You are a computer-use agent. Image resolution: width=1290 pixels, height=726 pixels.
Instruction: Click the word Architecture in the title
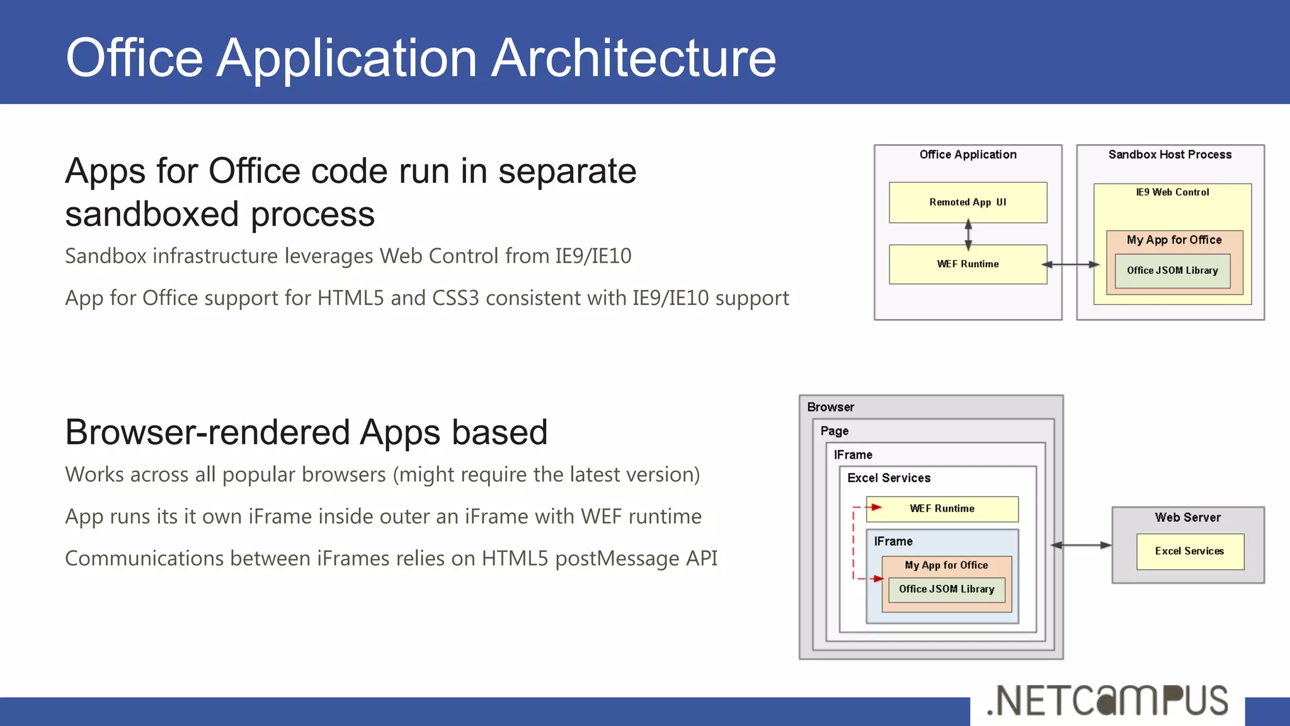[x=633, y=58]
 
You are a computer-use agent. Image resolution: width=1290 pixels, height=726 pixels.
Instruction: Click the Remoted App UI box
[x=967, y=202]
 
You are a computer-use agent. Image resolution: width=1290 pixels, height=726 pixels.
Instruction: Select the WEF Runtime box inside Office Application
[x=967, y=264]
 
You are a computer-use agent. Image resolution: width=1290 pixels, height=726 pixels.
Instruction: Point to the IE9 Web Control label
[x=1172, y=192]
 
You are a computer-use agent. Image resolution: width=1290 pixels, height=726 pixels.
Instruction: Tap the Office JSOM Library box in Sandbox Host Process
[x=1172, y=271]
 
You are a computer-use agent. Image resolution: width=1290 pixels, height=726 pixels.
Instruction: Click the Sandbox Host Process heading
[x=1170, y=154]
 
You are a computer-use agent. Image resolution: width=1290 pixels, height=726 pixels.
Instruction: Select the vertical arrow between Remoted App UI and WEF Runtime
[x=968, y=234]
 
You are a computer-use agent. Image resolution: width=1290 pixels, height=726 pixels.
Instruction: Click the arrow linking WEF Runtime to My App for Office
[x=1070, y=265]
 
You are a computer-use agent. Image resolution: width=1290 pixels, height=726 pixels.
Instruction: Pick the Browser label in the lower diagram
[x=830, y=407]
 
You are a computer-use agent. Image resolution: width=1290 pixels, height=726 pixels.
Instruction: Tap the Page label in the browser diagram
[x=834, y=431]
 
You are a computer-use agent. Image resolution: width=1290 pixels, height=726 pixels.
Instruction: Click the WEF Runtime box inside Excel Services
[x=942, y=509]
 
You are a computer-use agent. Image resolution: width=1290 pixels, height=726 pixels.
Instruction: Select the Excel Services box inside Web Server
[x=1189, y=551]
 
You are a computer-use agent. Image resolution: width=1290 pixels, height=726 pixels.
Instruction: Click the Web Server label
[x=1187, y=517]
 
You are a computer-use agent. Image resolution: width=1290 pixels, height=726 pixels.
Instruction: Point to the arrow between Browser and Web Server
[x=1081, y=545]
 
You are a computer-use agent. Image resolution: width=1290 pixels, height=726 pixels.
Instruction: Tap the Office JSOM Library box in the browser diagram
[x=946, y=589]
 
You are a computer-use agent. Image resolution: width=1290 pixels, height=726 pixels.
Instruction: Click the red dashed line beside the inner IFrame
[x=853, y=542]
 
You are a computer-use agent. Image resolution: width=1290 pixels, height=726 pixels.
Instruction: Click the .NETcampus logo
[x=1107, y=701]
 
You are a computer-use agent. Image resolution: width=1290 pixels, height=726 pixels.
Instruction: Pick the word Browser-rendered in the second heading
[x=208, y=432]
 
